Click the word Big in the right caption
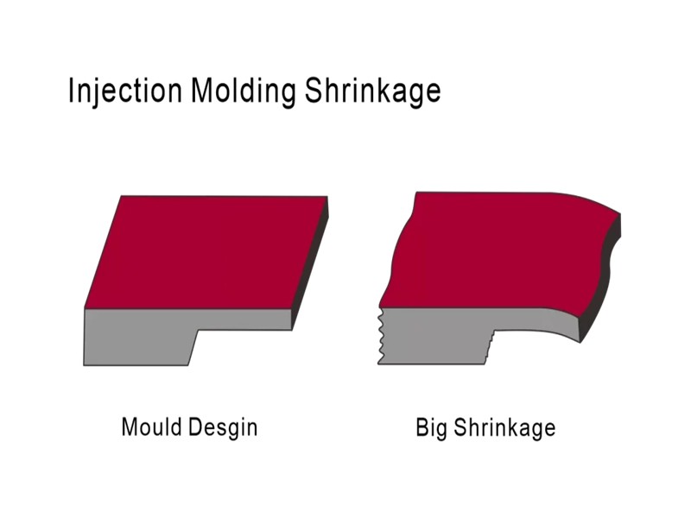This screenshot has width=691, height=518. pos(431,427)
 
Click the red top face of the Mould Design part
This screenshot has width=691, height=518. pos(206,252)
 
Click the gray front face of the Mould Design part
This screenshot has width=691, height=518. pos(138,335)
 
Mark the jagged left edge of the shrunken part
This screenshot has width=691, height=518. pos(381,337)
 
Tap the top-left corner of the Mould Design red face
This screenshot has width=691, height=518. pos(121,197)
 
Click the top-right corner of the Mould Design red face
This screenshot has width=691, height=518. pos(326,197)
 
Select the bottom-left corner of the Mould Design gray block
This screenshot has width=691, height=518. pos(86,364)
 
